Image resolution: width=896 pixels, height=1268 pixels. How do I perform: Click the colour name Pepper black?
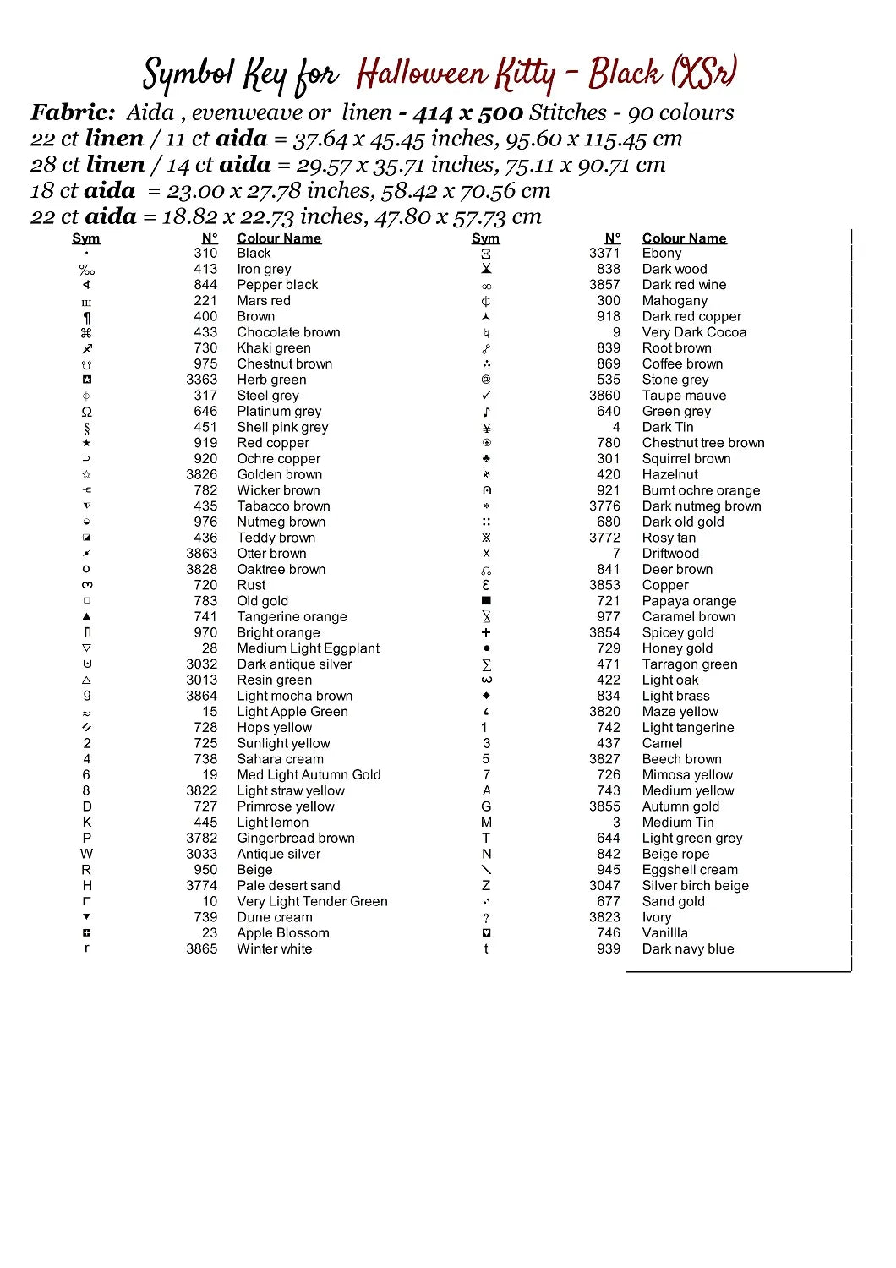pos(277,285)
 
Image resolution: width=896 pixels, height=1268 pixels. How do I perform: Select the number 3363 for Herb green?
pos(202,380)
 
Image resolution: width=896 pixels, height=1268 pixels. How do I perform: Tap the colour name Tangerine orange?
pos(292,617)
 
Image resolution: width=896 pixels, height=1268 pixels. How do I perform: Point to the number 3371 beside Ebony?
pos(604,253)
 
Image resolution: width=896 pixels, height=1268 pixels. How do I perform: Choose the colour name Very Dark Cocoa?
pos(694,332)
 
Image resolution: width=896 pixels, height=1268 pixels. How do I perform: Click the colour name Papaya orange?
pos(689,601)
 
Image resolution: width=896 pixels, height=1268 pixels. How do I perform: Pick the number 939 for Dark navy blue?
pos(609,948)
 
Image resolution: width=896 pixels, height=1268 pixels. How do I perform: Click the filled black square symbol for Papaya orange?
pos(486,601)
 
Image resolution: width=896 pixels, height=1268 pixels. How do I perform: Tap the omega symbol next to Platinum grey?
pos(87,412)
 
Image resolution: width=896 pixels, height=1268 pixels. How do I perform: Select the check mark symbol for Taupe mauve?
pos(486,396)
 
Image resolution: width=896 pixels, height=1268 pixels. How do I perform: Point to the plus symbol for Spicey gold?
pos(486,632)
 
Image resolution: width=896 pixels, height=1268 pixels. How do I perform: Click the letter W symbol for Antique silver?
pos(87,854)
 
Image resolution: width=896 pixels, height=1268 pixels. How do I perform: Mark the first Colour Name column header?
pos(279,238)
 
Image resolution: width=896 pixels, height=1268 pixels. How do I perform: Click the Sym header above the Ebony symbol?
pos(485,238)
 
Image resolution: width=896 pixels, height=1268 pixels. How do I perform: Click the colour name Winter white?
pos(274,948)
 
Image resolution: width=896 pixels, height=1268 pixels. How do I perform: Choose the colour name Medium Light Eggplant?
pos(308,648)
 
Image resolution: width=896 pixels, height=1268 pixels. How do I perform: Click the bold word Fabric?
pos(73,112)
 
